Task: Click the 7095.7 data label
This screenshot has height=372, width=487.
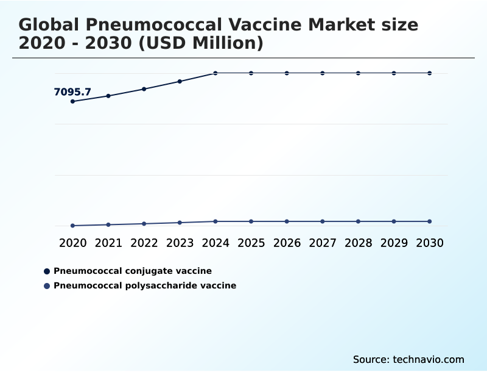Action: (72, 92)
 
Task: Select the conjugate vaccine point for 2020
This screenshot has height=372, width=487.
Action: (73, 101)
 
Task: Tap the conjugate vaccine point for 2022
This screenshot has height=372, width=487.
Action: (144, 89)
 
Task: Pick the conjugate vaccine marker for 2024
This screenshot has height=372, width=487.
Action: (215, 73)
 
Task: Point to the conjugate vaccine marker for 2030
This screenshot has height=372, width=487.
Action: (430, 73)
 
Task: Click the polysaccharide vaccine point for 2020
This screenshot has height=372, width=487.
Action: (73, 226)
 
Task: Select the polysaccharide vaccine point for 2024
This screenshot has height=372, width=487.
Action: (215, 221)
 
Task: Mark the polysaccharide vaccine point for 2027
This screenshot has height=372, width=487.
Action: (323, 221)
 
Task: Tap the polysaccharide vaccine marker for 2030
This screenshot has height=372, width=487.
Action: (430, 221)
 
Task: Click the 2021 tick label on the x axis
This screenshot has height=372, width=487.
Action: (108, 243)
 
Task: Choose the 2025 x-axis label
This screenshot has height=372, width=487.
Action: (251, 243)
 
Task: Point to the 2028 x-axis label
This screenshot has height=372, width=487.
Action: (359, 243)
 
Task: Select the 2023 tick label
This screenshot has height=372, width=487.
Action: (180, 243)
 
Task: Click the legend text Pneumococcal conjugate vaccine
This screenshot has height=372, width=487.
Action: (133, 271)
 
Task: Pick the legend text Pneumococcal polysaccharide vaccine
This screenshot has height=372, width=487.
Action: (145, 285)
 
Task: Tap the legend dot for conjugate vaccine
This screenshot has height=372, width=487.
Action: (47, 271)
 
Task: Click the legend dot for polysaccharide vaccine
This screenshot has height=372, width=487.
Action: (47, 285)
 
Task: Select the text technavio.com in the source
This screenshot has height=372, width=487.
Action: (429, 360)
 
